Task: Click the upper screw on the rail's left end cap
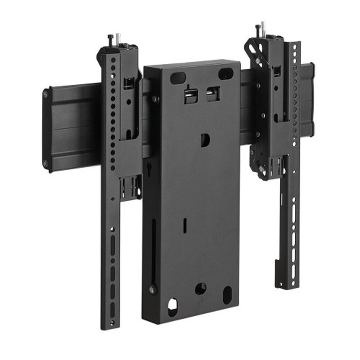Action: tap(45, 94)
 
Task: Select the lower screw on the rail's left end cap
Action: tap(45, 164)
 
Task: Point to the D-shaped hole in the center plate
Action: tap(205, 140)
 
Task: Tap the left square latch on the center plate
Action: tap(190, 95)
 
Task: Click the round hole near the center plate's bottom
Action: tap(201, 289)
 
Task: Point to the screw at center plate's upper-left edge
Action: tap(154, 99)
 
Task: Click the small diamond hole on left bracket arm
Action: tap(112, 199)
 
